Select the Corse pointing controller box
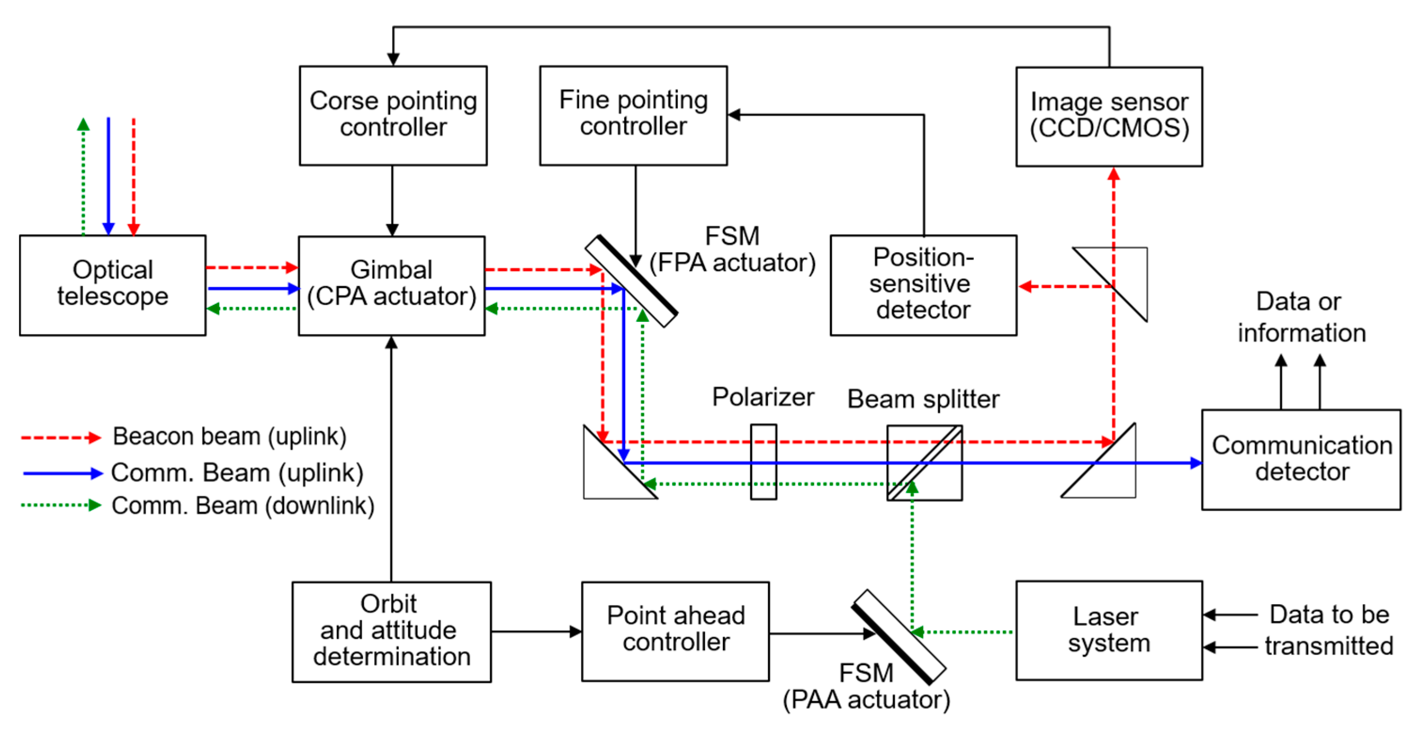(x=393, y=115)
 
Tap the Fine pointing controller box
(x=633, y=115)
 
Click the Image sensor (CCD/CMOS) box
(x=1109, y=117)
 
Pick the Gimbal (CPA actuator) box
(x=391, y=286)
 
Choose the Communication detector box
(x=1301, y=459)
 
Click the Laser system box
(x=1109, y=630)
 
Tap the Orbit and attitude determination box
(x=391, y=631)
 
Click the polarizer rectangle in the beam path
(x=763, y=462)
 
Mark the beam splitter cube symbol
(x=924, y=462)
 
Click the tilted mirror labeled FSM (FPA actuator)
(x=631, y=281)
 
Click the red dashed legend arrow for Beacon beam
(x=61, y=438)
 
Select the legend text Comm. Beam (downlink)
(x=243, y=505)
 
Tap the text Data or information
(x=1301, y=317)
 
